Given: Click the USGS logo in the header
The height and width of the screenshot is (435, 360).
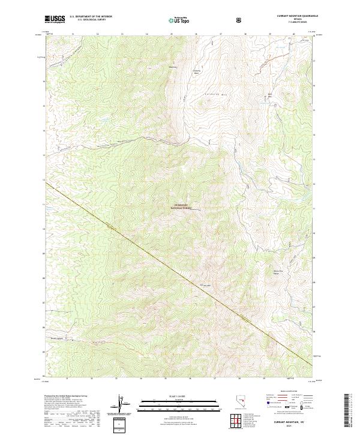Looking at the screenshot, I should coord(55,20).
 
